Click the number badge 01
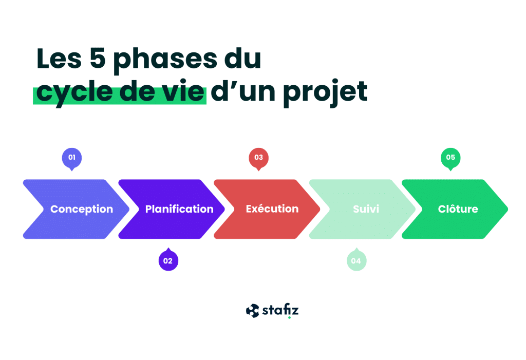tap(72, 158)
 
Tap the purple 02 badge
tap(168, 261)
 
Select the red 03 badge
tap(258, 158)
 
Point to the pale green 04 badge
tap(356, 261)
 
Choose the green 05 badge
tap(450, 158)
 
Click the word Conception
tap(82, 209)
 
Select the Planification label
tap(179, 209)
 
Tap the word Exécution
tap(272, 209)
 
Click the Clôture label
tap(458, 209)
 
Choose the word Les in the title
tap(57, 60)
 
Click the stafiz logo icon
tap(252, 311)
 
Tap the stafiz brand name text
tap(280, 311)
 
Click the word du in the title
tap(241, 60)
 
